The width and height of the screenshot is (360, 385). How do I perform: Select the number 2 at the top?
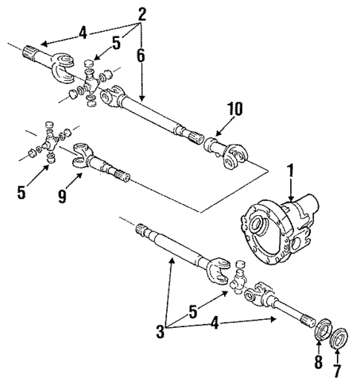(x=142, y=13)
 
